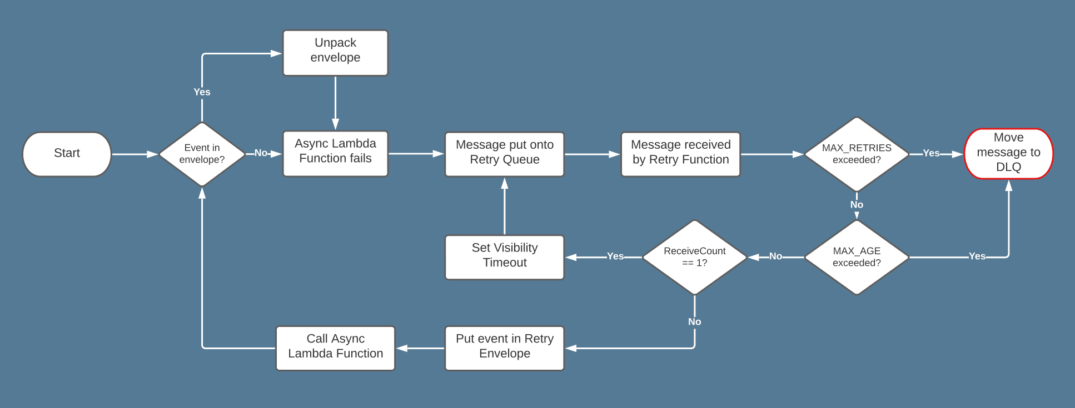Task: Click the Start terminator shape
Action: (67, 154)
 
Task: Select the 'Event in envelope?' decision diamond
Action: (202, 154)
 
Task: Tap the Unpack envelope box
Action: (335, 53)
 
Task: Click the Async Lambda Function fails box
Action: (335, 153)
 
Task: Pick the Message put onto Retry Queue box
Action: (504, 154)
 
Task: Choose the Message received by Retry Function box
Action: (680, 154)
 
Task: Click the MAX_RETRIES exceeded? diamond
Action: (857, 154)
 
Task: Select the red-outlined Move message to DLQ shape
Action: (1008, 153)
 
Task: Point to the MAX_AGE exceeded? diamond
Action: (857, 257)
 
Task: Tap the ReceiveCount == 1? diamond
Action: (694, 257)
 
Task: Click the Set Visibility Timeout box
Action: (504, 257)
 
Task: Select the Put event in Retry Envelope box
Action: (504, 348)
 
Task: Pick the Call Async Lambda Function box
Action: (335, 348)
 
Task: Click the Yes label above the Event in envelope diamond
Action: (202, 92)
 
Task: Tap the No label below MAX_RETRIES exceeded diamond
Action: (857, 205)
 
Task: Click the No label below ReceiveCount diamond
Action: (694, 322)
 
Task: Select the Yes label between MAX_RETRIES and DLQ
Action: (931, 153)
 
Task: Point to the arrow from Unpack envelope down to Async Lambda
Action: (335, 103)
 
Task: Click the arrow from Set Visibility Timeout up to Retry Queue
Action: (504, 206)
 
